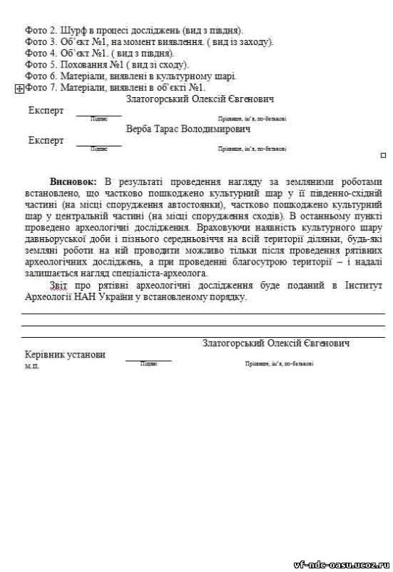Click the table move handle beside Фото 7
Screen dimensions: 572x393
click(19, 88)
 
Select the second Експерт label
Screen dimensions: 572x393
click(46, 140)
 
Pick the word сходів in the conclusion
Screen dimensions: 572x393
click(265, 215)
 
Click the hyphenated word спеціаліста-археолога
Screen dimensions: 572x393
click(157, 273)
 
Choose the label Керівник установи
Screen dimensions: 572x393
click(64, 355)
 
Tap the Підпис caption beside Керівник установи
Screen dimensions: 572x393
click(148, 363)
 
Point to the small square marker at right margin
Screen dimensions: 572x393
click(383, 154)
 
